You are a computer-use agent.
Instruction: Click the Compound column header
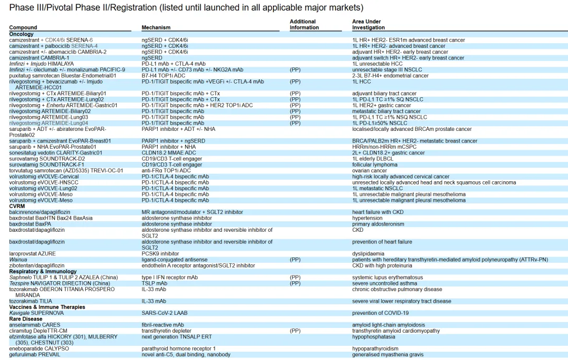click(23, 27)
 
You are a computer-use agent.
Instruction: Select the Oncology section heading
click(21, 34)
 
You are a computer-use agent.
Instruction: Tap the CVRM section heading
click(17, 206)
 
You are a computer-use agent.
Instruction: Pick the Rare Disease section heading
click(25, 319)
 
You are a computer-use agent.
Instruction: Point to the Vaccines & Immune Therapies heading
click(47, 307)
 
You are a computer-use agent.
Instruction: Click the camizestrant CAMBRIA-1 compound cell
click(39, 58)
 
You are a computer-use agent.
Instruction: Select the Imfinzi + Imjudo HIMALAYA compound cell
click(42, 64)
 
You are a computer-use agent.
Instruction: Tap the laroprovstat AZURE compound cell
click(32, 253)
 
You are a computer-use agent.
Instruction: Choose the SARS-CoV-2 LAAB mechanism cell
click(164, 313)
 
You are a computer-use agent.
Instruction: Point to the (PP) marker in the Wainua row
click(295, 260)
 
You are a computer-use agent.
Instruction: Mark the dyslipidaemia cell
click(368, 253)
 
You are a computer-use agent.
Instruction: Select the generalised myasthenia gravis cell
click(388, 355)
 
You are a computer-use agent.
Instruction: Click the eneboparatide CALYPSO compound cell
click(39, 348)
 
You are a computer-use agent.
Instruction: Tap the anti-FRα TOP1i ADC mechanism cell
click(166, 170)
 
